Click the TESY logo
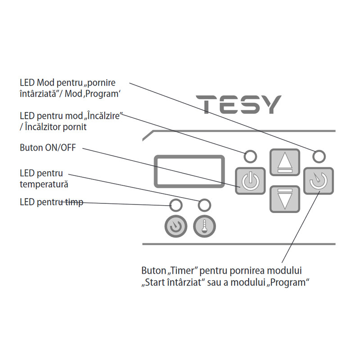coord(238,104)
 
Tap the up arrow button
coord(285,162)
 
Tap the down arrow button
coord(285,199)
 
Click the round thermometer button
coord(204,226)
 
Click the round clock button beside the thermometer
coord(176,226)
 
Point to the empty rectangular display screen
coord(189,171)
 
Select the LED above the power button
coord(250,157)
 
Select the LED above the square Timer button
coord(319,157)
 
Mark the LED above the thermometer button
coord(204,205)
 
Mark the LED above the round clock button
coord(176,205)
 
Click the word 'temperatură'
coord(44,184)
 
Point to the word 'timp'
coord(74,202)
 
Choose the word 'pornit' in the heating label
coord(75,127)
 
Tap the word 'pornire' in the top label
coord(102,83)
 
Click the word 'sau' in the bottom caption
coord(214,283)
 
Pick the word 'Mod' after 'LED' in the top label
coord(45,83)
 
